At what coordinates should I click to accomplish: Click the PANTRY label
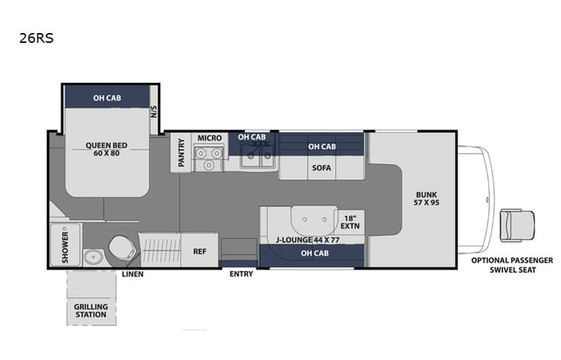pyautogui.click(x=181, y=151)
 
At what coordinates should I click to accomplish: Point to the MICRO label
pyautogui.click(x=210, y=138)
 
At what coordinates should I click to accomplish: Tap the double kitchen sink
pyautogui.click(x=256, y=157)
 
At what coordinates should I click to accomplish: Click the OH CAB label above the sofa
pyautogui.click(x=321, y=147)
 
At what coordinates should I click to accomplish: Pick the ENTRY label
pyautogui.click(x=241, y=274)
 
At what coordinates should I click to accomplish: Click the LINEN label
pyautogui.click(x=133, y=274)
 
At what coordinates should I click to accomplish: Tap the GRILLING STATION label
pyautogui.click(x=91, y=312)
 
